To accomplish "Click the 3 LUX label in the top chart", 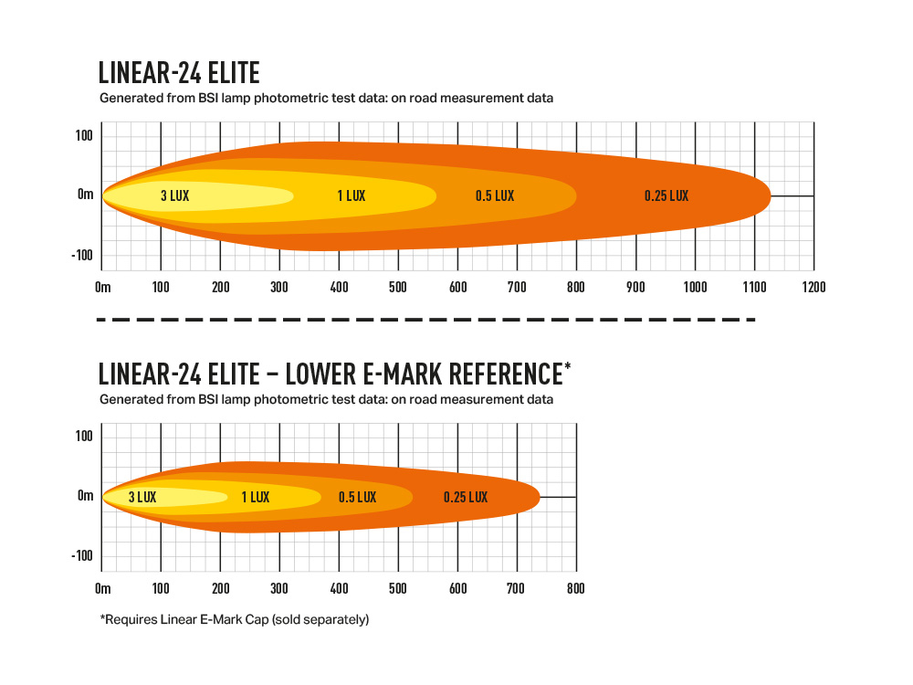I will click(175, 195).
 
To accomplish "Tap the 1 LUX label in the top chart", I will click(352, 195).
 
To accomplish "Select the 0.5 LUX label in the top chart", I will click(495, 195).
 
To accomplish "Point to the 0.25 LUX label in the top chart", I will click(666, 195).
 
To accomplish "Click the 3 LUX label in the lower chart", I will click(142, 498).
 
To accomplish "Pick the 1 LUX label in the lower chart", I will click(256, 498).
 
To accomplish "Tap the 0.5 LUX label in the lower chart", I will click(357, 498).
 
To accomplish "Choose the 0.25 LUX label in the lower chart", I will click(466, 498).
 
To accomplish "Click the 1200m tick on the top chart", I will click(813, 287).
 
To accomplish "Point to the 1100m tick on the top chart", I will click(754, 287).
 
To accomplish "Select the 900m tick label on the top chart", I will click(635, 287).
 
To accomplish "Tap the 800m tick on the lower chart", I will click(576, 588).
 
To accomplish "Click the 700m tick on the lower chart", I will click(517, 588).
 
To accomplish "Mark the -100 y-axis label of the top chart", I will click(84, 255).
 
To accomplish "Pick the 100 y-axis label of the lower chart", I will click(84, 437).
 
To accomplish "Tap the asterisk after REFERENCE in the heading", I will click(568, 367).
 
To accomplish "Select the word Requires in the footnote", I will click(130, 619).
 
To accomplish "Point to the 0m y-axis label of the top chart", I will click(85, 195).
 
